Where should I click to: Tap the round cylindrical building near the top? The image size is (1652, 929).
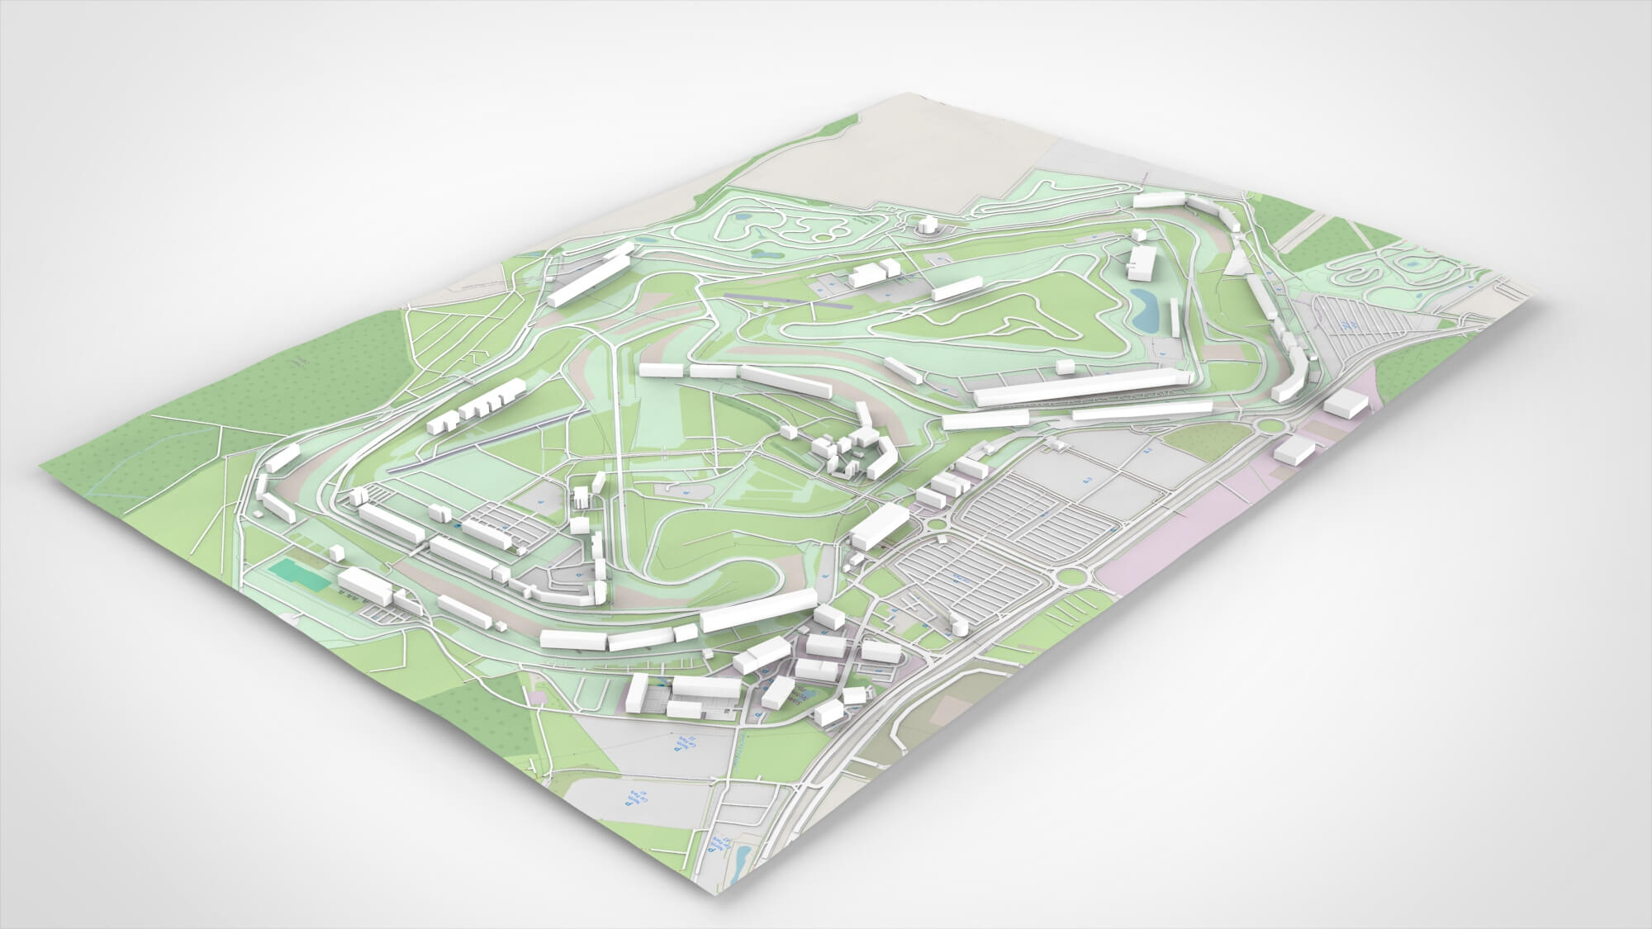[x=927, y=225]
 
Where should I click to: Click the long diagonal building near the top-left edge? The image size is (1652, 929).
[x=589, y=278]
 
